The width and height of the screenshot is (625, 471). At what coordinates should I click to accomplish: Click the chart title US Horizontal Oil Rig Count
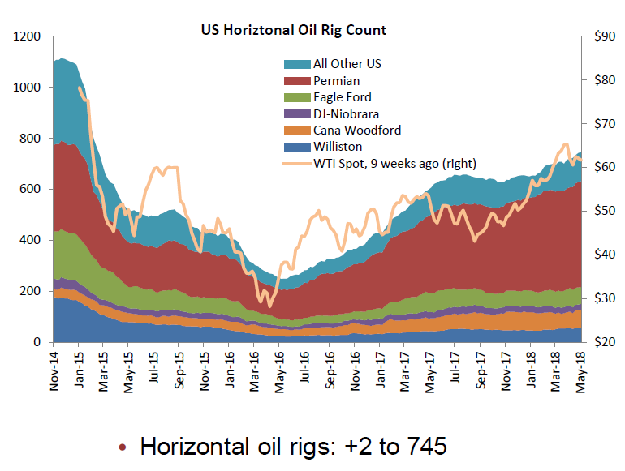(x=294, y=30)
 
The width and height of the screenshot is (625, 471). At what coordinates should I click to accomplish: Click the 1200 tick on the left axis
(x=29, y=36)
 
